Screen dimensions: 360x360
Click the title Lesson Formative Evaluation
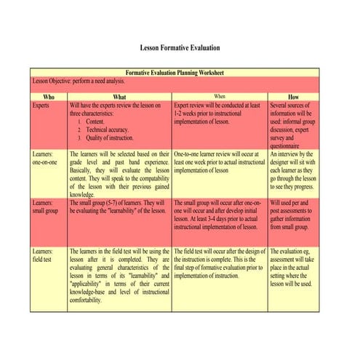pos(180,48)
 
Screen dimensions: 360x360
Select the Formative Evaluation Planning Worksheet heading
pos(175,73)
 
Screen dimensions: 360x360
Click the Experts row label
pos(42,105)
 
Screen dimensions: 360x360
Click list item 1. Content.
pos(95,121)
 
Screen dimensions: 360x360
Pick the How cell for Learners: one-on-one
pos(293,171)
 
